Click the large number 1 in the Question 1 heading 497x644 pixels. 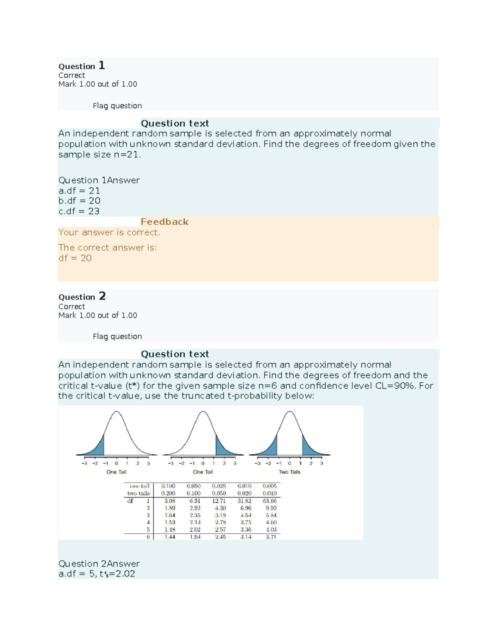101,65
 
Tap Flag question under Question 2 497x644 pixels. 117,336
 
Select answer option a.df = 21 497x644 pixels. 79,191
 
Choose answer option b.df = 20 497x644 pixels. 79,201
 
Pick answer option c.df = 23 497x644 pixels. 79,211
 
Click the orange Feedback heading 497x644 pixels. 164,222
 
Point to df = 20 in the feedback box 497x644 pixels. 75,258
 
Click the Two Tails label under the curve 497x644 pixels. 290,472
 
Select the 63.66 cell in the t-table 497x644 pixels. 270,501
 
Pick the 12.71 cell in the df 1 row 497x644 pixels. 219,501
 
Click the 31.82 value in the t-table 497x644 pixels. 244,501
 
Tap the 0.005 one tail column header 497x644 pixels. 270,486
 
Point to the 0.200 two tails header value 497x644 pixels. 168,493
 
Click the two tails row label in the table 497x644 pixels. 138,493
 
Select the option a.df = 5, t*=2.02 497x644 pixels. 97,574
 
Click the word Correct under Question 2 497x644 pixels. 72,306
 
